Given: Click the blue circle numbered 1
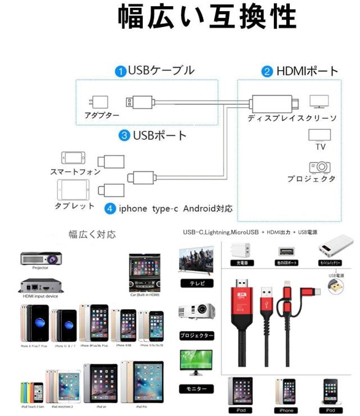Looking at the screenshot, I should click(x=121, y=71).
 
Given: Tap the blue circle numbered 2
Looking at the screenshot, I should click(x=268, y=71).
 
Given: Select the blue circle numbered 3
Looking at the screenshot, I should click(x=124, y=135).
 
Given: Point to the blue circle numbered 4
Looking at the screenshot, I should click(x=111, y=208).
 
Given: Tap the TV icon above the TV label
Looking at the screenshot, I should click(x=319, y=135).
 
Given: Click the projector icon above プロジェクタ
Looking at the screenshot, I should click(x=319, y=167).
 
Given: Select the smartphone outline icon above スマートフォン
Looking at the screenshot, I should click(x=74, y=157).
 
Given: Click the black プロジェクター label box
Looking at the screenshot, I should click(x=196, y=336).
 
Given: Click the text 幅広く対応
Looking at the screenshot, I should click(x=92, y=234).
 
